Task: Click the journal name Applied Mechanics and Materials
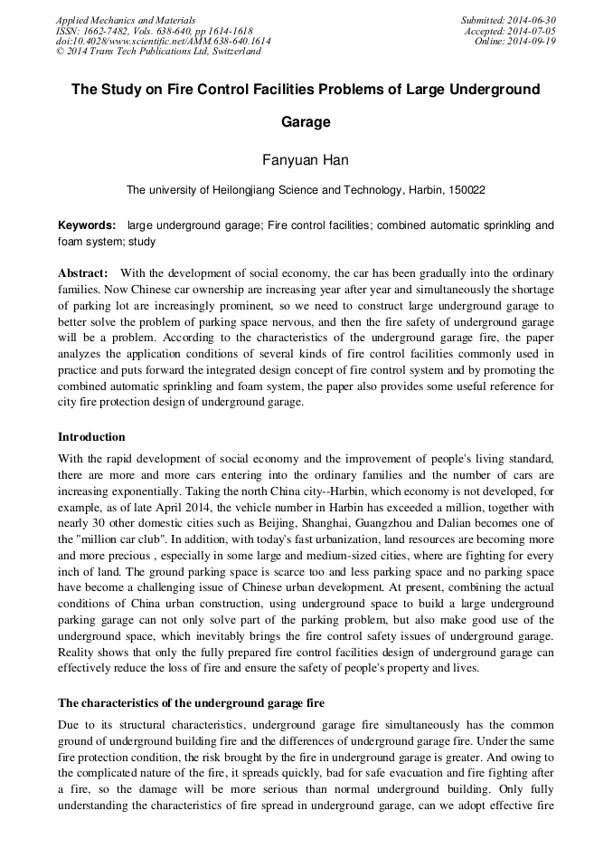point(126,19)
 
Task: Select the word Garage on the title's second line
point(306,121)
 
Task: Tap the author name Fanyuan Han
point(306,160)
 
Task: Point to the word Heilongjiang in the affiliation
point(239,190)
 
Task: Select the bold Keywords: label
point(87,225)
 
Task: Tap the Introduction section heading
point(91,437)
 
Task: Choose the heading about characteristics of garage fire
point(191,702)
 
